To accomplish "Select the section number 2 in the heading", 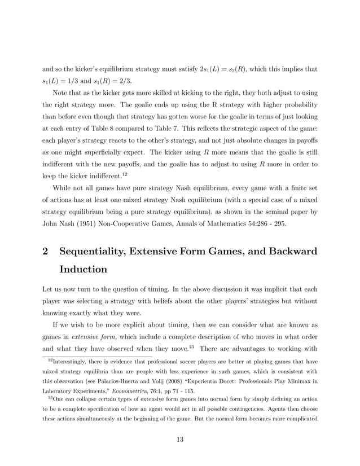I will (x=46, y=252).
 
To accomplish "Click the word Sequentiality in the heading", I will (x=99, y=252).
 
